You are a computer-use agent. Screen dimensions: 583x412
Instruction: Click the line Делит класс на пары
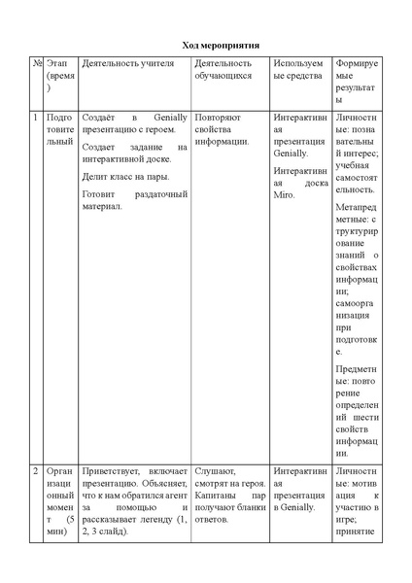(x=125, y=176)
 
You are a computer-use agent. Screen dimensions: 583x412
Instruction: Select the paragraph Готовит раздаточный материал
(x=134, y=200)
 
